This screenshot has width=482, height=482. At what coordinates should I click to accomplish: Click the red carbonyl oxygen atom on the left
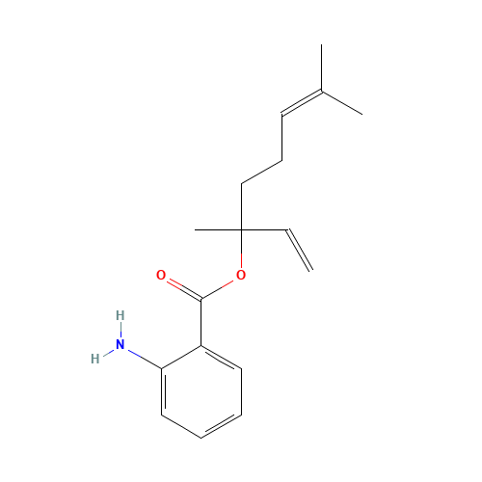(161, 276)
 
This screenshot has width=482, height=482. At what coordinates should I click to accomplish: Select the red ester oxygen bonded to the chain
(241, 276)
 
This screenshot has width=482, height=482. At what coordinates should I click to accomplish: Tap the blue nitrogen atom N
(120, 344)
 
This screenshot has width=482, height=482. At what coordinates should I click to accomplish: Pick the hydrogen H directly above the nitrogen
(120, 315)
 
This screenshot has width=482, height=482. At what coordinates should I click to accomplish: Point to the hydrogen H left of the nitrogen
(94, 359)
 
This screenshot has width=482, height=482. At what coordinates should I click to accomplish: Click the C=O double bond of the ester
(181, 286)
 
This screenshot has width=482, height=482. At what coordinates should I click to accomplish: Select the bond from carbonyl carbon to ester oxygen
(221, 287)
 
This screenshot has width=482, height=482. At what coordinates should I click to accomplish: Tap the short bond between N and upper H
(120, 330)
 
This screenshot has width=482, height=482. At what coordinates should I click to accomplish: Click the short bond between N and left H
(108, 351)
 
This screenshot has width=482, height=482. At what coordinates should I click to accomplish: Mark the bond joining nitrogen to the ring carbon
(141, 356)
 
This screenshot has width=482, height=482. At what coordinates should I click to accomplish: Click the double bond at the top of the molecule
(302, 103)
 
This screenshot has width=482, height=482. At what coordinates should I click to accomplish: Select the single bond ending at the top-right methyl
(341, 103)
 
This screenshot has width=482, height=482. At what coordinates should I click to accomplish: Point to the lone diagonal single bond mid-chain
(261, 173)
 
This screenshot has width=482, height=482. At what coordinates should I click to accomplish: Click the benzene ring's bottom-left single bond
(181, 427)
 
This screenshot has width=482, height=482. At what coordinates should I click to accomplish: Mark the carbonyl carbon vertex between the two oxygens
(201, 299)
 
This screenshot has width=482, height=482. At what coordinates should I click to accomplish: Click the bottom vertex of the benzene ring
(201, 439)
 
